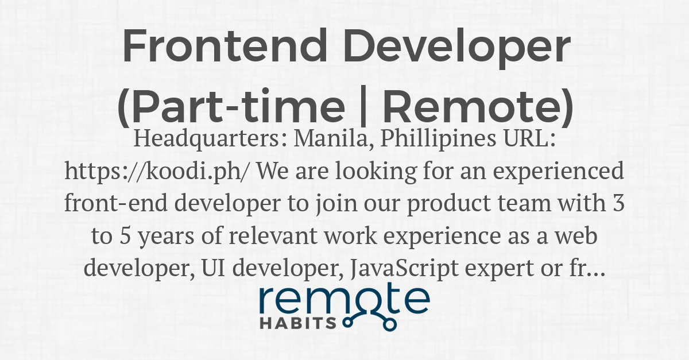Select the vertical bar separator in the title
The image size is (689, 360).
[x=363, y=106]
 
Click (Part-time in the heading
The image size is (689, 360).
[x=231, y=107]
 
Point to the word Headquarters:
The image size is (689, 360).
[x=210, y=139]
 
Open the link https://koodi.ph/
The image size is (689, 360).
[x=156, y=171]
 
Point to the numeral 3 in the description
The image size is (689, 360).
[x=618, y=203]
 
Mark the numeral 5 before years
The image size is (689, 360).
[x=125, y=236]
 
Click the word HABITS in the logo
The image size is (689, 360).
[x=299, y=323]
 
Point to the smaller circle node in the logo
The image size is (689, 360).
[x=347, y=323]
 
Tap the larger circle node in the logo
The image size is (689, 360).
[x=390, y=325]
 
